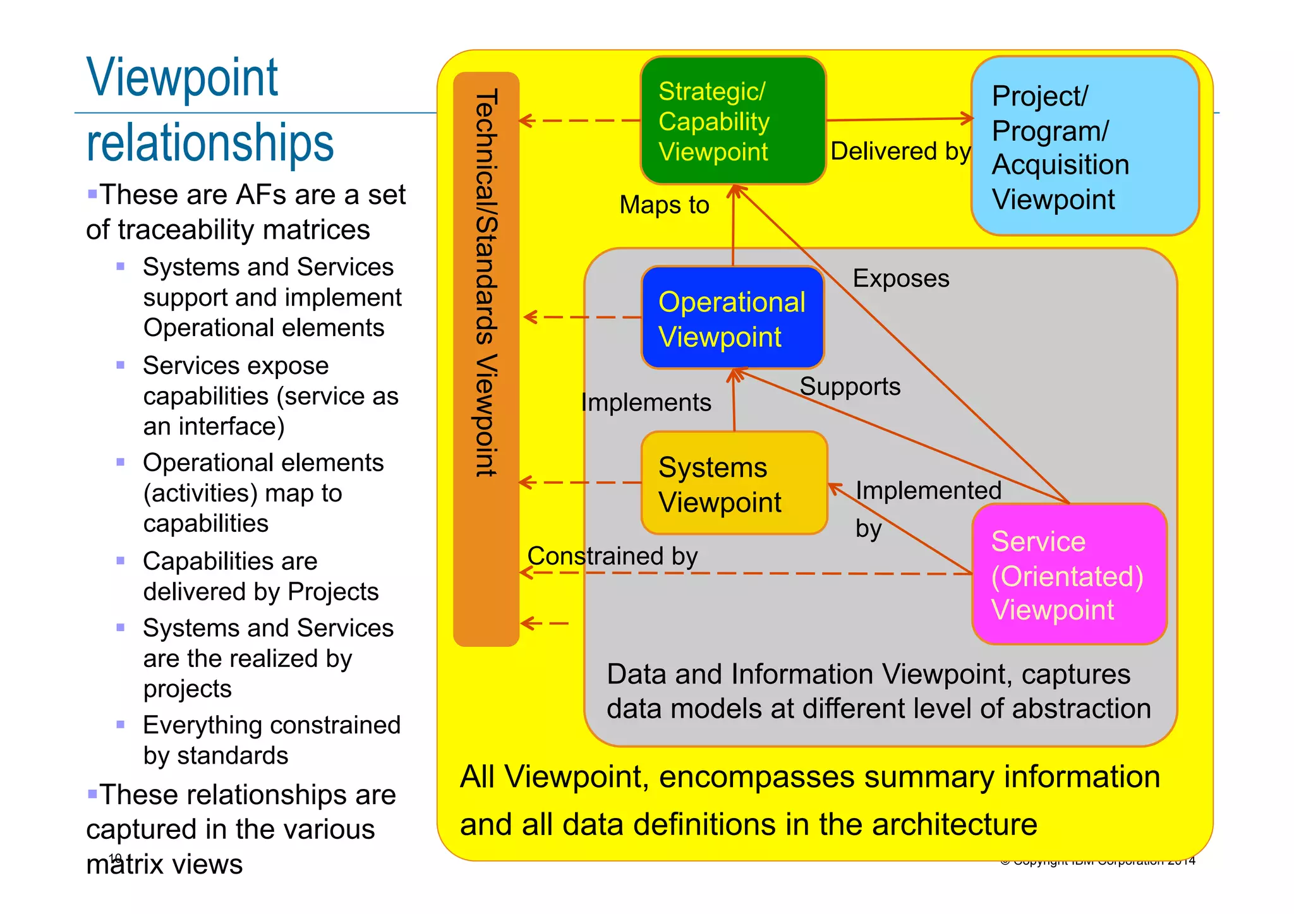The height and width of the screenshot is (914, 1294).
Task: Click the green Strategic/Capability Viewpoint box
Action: pyautogui.click(x=733, y=121)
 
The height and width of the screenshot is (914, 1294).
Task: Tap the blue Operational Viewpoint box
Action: pyautogui.click(x=733, y=318)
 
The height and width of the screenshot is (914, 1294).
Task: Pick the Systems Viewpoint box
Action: pyautogui.click(x=734, y=483)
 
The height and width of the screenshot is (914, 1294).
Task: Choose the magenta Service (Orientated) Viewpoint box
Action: pyautogui.click(x=1069, y=574)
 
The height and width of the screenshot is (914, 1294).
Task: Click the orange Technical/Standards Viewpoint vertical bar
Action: pyautogui.click(x=486, y=359)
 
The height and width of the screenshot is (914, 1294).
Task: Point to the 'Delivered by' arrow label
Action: pyautogui.click(x=900, y=152)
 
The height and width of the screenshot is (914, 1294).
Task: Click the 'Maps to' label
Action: pyautogui.click(x=664, y=205)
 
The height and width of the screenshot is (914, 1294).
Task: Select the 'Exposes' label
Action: pyautogui.click(x=900, y=279)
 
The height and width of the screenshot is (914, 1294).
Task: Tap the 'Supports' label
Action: pyautogui.click(x=850, y=387)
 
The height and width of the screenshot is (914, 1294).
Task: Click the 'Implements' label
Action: pyautogui.click(x=646, y=403)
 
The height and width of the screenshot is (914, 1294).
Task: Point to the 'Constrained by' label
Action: pyautogui.click(x=612, y=556)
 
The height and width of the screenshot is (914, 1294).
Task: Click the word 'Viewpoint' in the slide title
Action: pyautogui.click(x=182, y=78)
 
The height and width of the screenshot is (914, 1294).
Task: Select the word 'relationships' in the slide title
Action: pyautogui.click(x=210, y=143)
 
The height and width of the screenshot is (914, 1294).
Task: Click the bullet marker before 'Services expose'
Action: pyautogui.click(x=121, y=365)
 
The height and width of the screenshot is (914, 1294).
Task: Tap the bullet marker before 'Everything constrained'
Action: pyautogui.click(x=121, y=725)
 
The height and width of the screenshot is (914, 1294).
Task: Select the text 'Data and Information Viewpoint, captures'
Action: pyautogui.click(x=868, y=675)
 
